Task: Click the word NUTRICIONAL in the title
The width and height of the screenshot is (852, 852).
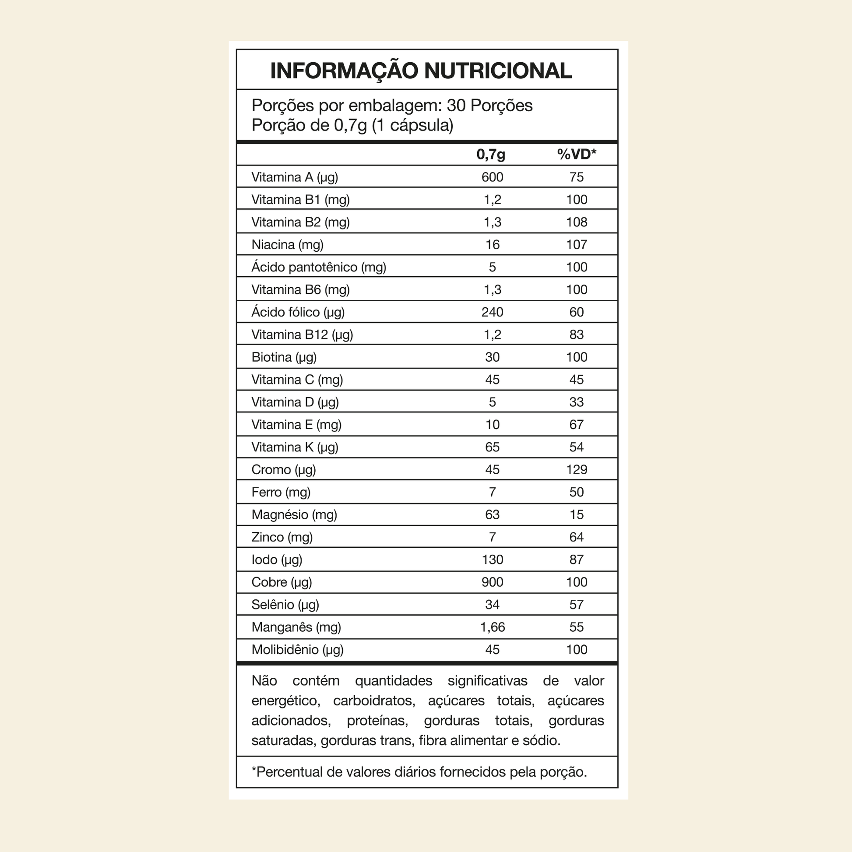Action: pos(498,71)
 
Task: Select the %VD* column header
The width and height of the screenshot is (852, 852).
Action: pos(576,155)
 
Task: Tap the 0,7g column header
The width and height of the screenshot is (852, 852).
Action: pos(491,155)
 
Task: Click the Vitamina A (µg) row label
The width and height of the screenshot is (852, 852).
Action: pos(295,177)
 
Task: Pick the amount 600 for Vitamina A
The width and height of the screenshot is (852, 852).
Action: pos(492,177)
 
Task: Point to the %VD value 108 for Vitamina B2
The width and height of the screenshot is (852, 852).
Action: pos(576,222)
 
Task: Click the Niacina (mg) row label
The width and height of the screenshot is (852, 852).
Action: pos(287,245)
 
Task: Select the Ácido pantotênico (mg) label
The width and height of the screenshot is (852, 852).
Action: pos(318,267)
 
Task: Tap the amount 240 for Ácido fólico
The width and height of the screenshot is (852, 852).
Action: pos(492,312)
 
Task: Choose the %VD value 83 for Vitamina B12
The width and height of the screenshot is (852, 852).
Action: pos(576,334)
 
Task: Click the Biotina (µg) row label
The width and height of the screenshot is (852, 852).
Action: pos(284,357)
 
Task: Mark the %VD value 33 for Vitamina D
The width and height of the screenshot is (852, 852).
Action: pos(576,402)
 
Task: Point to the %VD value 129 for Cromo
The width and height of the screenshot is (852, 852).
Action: pos(576,470)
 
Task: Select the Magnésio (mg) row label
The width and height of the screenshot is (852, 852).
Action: pos(294,514)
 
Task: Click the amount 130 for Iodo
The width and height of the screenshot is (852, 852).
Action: pos(492,560)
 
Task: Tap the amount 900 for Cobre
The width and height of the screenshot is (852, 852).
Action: pos(492,582)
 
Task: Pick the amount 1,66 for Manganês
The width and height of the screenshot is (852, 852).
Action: pos(492,627)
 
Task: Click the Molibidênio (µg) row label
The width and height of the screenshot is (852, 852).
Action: pos(297,650)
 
